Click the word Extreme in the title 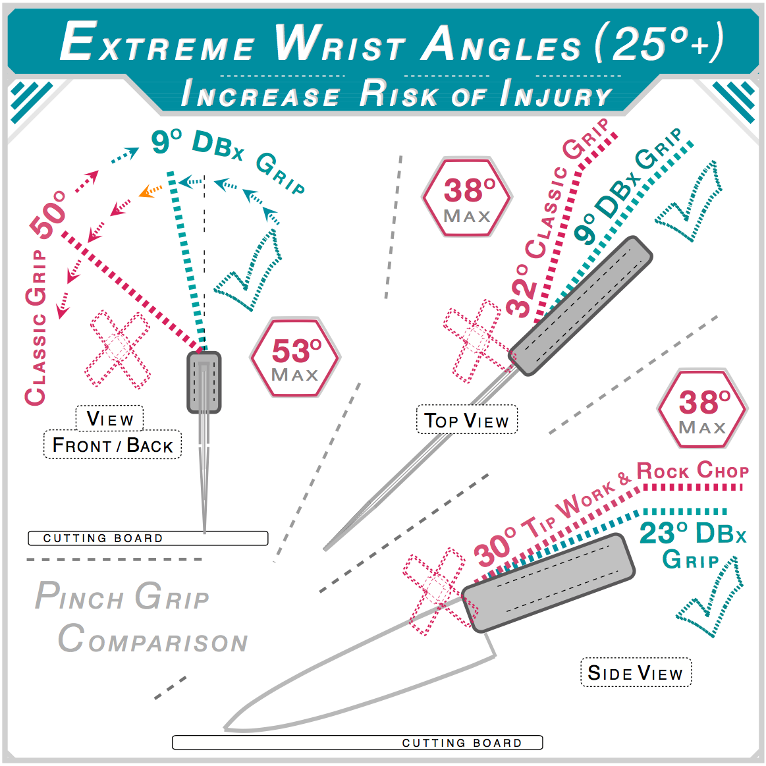pyautogui.click(x=157, y=43)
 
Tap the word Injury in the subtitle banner pyautogui.click(x=555, y=94)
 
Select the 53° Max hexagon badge pyautogui.click(x=295, y=358)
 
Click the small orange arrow pyautogui.click(x=150, y=191)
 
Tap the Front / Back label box pyautogui.click(x=113, y=445)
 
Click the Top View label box pyautogui.click(x=466, y=420)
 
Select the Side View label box pyautogui.click(x=636, y=672)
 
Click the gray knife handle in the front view pyautogui.click(x=204, y=382)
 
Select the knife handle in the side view pyautogui.click(x=548, y=582)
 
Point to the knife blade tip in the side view pyautogui.click(x=227, y=728)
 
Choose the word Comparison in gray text pyautogui.click(x=153, y=640)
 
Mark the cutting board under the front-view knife pyautogui.click(x=148, y=538)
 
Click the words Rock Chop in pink pyautogui.click(x=692, y=471)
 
